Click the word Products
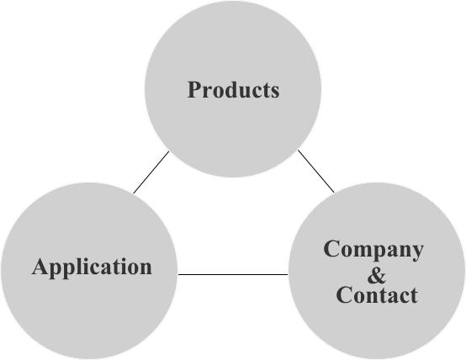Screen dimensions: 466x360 (233, 89)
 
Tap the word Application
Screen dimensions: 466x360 (92, 267)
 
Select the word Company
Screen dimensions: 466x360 (373, 250)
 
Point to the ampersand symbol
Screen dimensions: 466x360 (377, 275)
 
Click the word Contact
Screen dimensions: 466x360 (377, 294)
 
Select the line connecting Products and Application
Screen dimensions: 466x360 (151, 172)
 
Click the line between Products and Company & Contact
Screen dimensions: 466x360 (316, 172)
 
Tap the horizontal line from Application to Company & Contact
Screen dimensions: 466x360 (233, 274)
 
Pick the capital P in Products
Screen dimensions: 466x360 (195, 89)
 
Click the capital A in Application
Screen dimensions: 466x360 (40, 267)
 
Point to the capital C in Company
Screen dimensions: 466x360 (331, 248)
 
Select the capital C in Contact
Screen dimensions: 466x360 (344, 294)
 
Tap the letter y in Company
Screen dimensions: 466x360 (416, 252)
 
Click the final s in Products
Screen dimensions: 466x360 (274, 93)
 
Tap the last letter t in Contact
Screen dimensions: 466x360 (413, 296)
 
